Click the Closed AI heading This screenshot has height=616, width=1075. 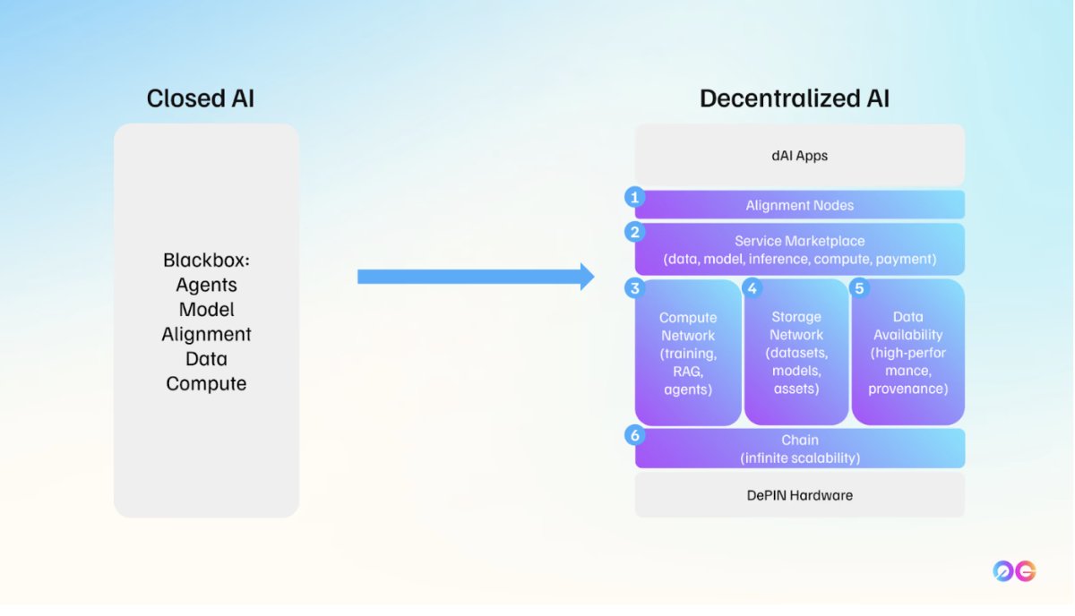(200, 98)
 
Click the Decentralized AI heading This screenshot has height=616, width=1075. (795, 98)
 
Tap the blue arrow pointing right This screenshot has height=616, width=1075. (476, 277)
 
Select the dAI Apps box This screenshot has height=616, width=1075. (799, 156)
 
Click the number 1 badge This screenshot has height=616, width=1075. (635, 197)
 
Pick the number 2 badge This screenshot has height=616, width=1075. (635, 232)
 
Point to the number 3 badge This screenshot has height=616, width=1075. (635, 288)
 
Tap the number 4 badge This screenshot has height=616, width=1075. (752, 288)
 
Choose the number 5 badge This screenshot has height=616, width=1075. (859, 288)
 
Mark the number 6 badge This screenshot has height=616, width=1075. (635, 436)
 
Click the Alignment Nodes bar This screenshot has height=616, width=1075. (799, 205)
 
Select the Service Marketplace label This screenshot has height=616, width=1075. (799, 241)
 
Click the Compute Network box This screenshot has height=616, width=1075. (688, 353)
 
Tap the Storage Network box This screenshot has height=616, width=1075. (795, 353)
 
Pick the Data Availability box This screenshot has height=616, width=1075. (907, 353)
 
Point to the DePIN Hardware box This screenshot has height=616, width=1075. (799, 495)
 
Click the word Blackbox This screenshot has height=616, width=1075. (206, 261)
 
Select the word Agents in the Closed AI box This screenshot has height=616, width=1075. (206, 285)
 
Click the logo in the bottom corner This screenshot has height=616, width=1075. (1014, 571)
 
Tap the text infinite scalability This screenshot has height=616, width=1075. (799, 458)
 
